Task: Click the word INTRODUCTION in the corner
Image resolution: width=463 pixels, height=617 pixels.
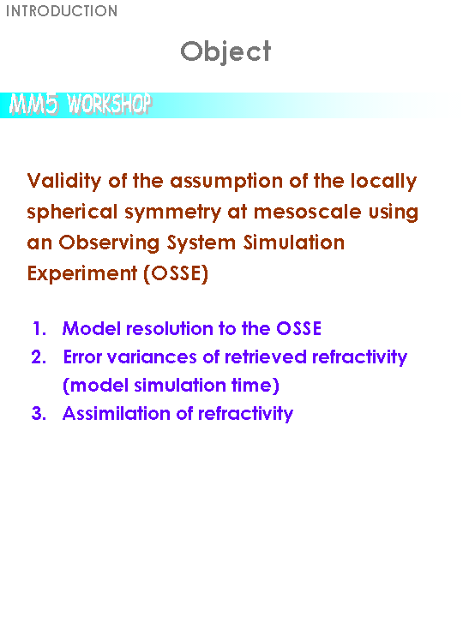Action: point(62,11)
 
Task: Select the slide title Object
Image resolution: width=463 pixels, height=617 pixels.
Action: point(225,52)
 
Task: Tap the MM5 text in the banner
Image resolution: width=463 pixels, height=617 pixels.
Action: point(33,105)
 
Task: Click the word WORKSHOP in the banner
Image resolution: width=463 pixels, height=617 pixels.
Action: point(109,104)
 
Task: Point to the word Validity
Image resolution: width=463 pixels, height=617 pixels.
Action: point(64,182)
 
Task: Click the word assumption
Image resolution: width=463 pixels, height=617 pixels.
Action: point(226,182)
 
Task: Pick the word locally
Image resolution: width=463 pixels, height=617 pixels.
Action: point(383,182)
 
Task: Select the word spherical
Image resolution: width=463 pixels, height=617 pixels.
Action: point(72,213)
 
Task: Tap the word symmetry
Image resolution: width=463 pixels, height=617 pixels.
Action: point(173,213)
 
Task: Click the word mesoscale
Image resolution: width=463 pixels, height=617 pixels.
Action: point(308,213)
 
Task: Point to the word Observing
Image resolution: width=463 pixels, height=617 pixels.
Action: point(109,243)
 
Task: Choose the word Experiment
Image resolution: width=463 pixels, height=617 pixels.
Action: point(82,274)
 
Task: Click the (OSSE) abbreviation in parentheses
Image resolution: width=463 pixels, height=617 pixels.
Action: point(176,273)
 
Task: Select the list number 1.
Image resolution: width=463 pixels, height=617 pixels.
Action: point(39,328)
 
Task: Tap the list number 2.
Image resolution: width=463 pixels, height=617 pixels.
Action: point(39,356)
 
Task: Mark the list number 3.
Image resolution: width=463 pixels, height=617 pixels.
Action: point(39,414)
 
